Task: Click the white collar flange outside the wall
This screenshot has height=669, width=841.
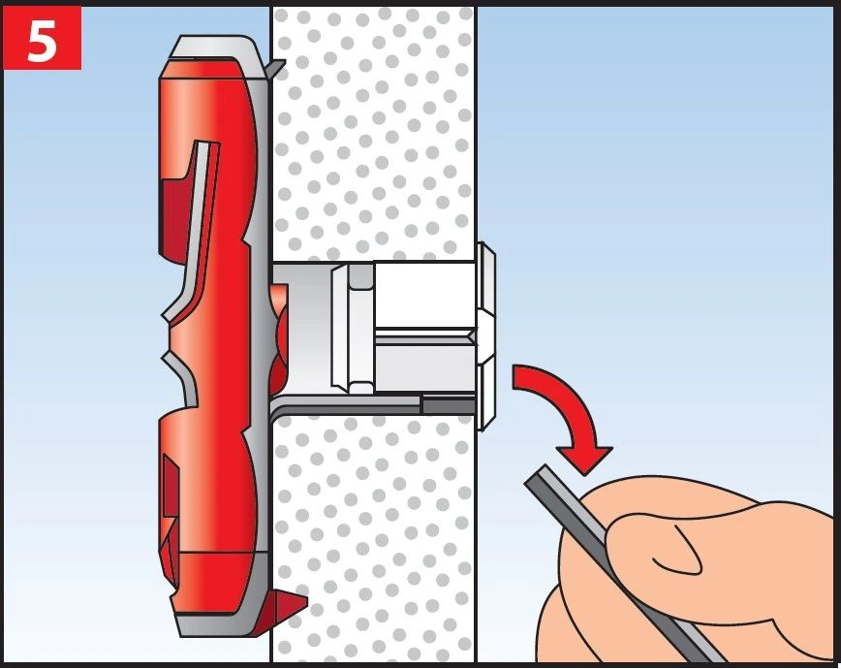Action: (x=485, y=336)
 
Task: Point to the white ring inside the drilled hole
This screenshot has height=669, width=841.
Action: (x=353, y=329)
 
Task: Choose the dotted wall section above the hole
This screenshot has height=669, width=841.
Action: (x=373, y=134)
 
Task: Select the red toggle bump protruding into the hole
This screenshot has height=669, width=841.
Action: (x=278, y=338)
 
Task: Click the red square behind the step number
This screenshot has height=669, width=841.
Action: (x=42, y=38)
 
